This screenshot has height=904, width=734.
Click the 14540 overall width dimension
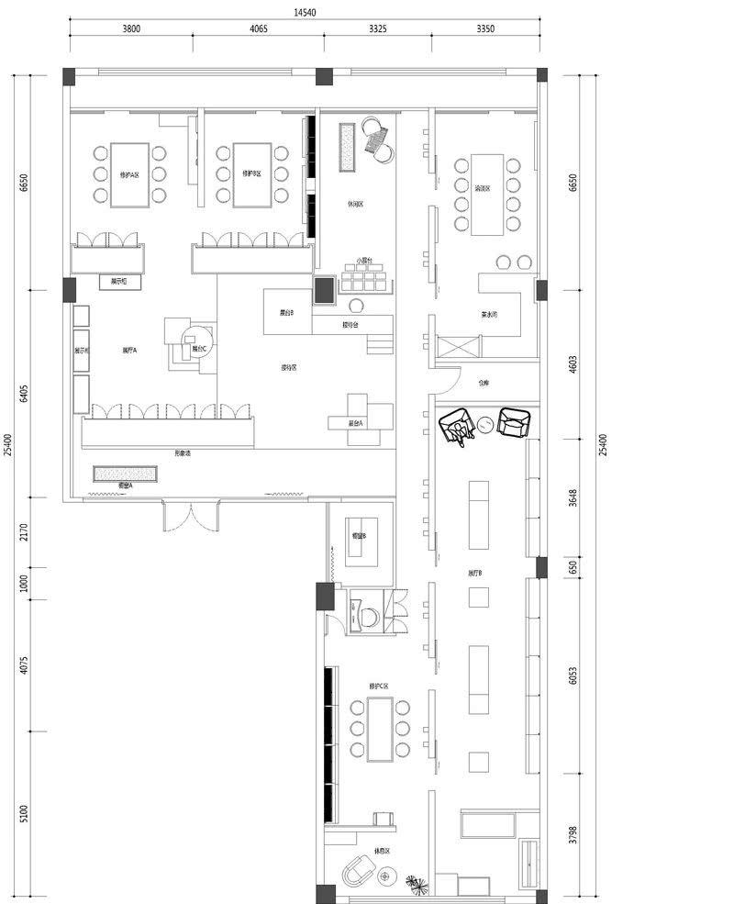click(306, 12)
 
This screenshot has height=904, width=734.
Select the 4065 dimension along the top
click(259, 28)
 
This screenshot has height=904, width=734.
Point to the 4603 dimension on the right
click(573, 362)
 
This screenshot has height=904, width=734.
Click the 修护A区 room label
click(129, 173)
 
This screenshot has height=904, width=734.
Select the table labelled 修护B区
click(251, 173)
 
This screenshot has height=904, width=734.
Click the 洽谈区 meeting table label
click(482, 188)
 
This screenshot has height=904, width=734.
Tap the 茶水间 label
click(488, 314)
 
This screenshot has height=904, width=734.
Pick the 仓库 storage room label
click(483, 383)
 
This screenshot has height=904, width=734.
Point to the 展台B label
click(286, 313)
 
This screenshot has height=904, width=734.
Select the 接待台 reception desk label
click(350, 324)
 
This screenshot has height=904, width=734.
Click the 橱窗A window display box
click(126, 474)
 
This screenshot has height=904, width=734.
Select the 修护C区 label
click(379, 686)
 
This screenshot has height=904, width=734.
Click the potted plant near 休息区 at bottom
click(416, 883)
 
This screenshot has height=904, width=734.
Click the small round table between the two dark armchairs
click(484, 425)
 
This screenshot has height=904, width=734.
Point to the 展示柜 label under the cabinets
click(118, 283)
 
